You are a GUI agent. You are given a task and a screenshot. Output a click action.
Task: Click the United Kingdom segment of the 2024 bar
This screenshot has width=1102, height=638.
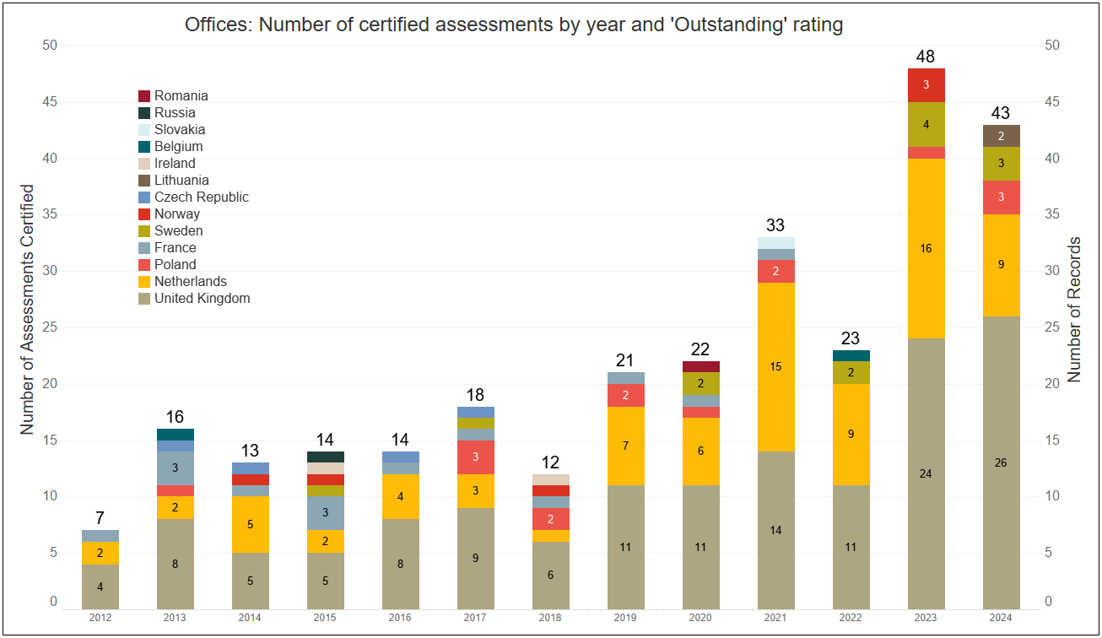pos(1001,462)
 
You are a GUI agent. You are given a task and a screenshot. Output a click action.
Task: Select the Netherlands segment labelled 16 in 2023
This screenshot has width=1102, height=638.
pos(926,248)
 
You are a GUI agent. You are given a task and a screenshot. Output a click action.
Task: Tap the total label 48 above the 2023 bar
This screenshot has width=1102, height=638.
pos(926,57)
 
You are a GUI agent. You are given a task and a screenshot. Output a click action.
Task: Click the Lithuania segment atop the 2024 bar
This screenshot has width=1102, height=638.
pos(1001,136)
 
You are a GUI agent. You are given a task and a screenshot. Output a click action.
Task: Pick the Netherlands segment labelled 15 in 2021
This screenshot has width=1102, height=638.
pos(775,367)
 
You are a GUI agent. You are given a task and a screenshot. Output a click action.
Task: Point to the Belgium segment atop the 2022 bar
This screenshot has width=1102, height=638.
pos(851,355)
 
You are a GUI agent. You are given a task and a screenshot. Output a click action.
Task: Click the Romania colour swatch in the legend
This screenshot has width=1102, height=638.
pos(144,96)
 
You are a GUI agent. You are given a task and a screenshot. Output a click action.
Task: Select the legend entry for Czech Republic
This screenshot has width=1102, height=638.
pos(201,197)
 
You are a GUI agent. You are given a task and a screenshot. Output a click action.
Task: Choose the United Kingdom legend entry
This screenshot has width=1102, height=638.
pos(202,299)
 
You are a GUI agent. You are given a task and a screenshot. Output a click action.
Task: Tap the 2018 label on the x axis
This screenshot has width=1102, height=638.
pos(550,618)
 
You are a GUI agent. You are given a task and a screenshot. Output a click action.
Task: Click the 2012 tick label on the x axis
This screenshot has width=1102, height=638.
pos(100,618)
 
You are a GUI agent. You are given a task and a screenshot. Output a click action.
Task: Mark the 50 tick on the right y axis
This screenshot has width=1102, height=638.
pos(1052,46)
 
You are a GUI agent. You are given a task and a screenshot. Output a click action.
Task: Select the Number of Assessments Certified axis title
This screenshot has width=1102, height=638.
pos(27,310)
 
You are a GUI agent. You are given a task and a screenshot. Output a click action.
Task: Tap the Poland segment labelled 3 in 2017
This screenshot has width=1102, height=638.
pos(475,457)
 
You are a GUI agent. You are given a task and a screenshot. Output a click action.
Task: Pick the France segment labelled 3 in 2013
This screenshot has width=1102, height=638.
pos(175,468)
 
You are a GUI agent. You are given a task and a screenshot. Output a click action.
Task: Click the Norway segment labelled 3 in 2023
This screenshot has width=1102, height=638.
pos(926,85)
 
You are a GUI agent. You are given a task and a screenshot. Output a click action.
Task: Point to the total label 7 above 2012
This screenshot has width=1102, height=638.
pos(100,518)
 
